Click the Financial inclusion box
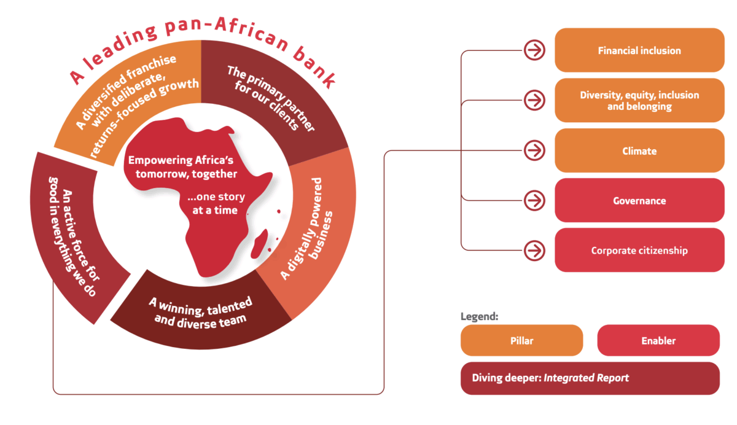click(x=639, y=50)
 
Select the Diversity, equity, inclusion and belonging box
click(x=639, y=101)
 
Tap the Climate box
click(x=639, y=150)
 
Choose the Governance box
click(x=639, y=201)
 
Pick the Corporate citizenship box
click(x=639, y=251)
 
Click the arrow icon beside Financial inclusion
click(x=535, y=50)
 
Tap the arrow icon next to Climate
click(x=535, y=150)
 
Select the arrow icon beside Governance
click(x=535, y=200)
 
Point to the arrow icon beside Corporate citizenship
click(x=535, y=250)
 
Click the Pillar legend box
click(x=521, y=340)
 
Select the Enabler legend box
click(x=658, y=340)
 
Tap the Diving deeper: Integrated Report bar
click(x=590, y=378)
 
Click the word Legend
click(x=479, y=318)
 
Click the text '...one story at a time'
click(x=216, y=203)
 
